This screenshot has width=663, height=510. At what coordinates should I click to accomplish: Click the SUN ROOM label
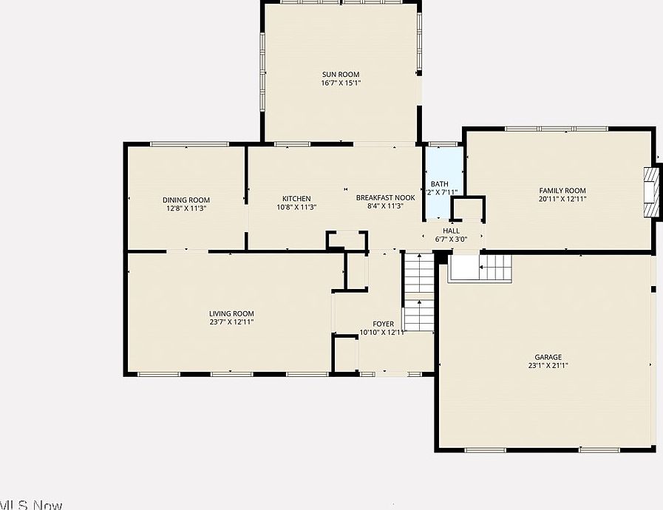tap(341, 74)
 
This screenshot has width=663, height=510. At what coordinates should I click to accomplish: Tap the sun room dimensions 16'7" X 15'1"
tap(341, 83)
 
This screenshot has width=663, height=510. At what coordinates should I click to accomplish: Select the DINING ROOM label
tap(186, 200)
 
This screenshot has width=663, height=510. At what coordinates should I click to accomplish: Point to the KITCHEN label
tap(296, 198)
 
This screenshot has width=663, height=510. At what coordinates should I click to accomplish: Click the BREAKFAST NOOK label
tap(385, 197)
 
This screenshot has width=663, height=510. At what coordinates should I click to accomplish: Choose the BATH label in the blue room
tap(440, 184)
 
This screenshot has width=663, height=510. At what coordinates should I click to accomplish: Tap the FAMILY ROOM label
tap(562, 191)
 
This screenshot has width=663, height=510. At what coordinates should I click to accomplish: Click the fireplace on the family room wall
tap(650, 192)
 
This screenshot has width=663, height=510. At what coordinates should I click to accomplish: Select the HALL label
tap(451, 231)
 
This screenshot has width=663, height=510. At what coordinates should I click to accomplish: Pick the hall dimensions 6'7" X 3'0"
tap(451, 239)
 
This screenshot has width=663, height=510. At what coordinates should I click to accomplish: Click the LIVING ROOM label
tap(231, 313)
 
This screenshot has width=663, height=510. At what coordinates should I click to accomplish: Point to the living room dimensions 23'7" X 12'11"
tap(231, 322)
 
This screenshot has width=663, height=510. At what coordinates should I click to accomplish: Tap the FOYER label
tap(383, 324)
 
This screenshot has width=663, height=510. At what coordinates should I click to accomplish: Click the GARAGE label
tap(548, 357)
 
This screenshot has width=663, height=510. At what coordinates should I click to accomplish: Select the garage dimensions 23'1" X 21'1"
tap(548, 365)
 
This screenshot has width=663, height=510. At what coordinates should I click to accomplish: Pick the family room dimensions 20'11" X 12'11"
tap(562, 199)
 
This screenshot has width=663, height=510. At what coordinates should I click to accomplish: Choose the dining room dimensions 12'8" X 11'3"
tap(186, 208)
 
